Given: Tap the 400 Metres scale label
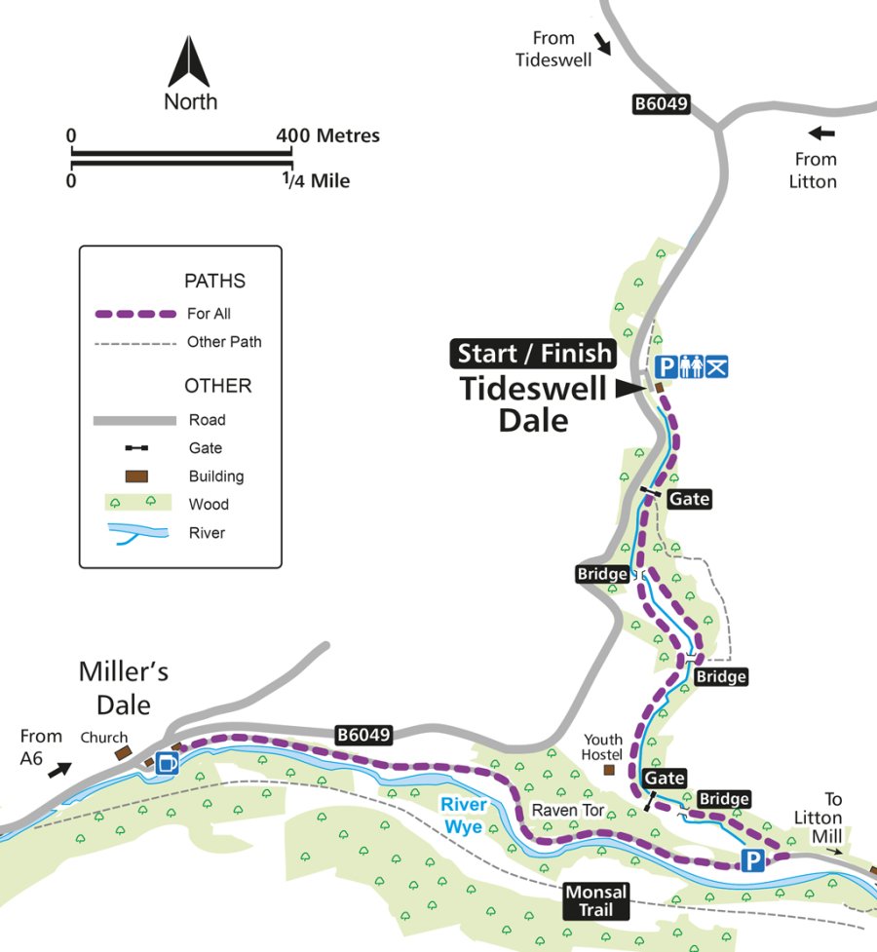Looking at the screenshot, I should pos(328,135).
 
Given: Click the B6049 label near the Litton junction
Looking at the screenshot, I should pos(661,105).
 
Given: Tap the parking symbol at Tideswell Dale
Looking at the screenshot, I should pos(667,366).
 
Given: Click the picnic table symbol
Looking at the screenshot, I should pos(716,366).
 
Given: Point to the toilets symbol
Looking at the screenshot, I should pos(691,366).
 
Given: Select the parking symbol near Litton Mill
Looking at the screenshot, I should pos(751,859).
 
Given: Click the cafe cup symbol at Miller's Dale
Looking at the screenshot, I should pos(167,763).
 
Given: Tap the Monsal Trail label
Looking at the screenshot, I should pos(595,900).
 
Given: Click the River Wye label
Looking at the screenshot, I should pos(463,814).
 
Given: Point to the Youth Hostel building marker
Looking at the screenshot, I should pos(610,770).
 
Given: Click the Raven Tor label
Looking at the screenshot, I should pos(562,811).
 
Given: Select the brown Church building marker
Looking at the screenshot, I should pos(123,753).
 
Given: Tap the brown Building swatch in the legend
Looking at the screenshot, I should pos(134,476).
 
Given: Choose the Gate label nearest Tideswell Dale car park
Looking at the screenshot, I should pos(689,499).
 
